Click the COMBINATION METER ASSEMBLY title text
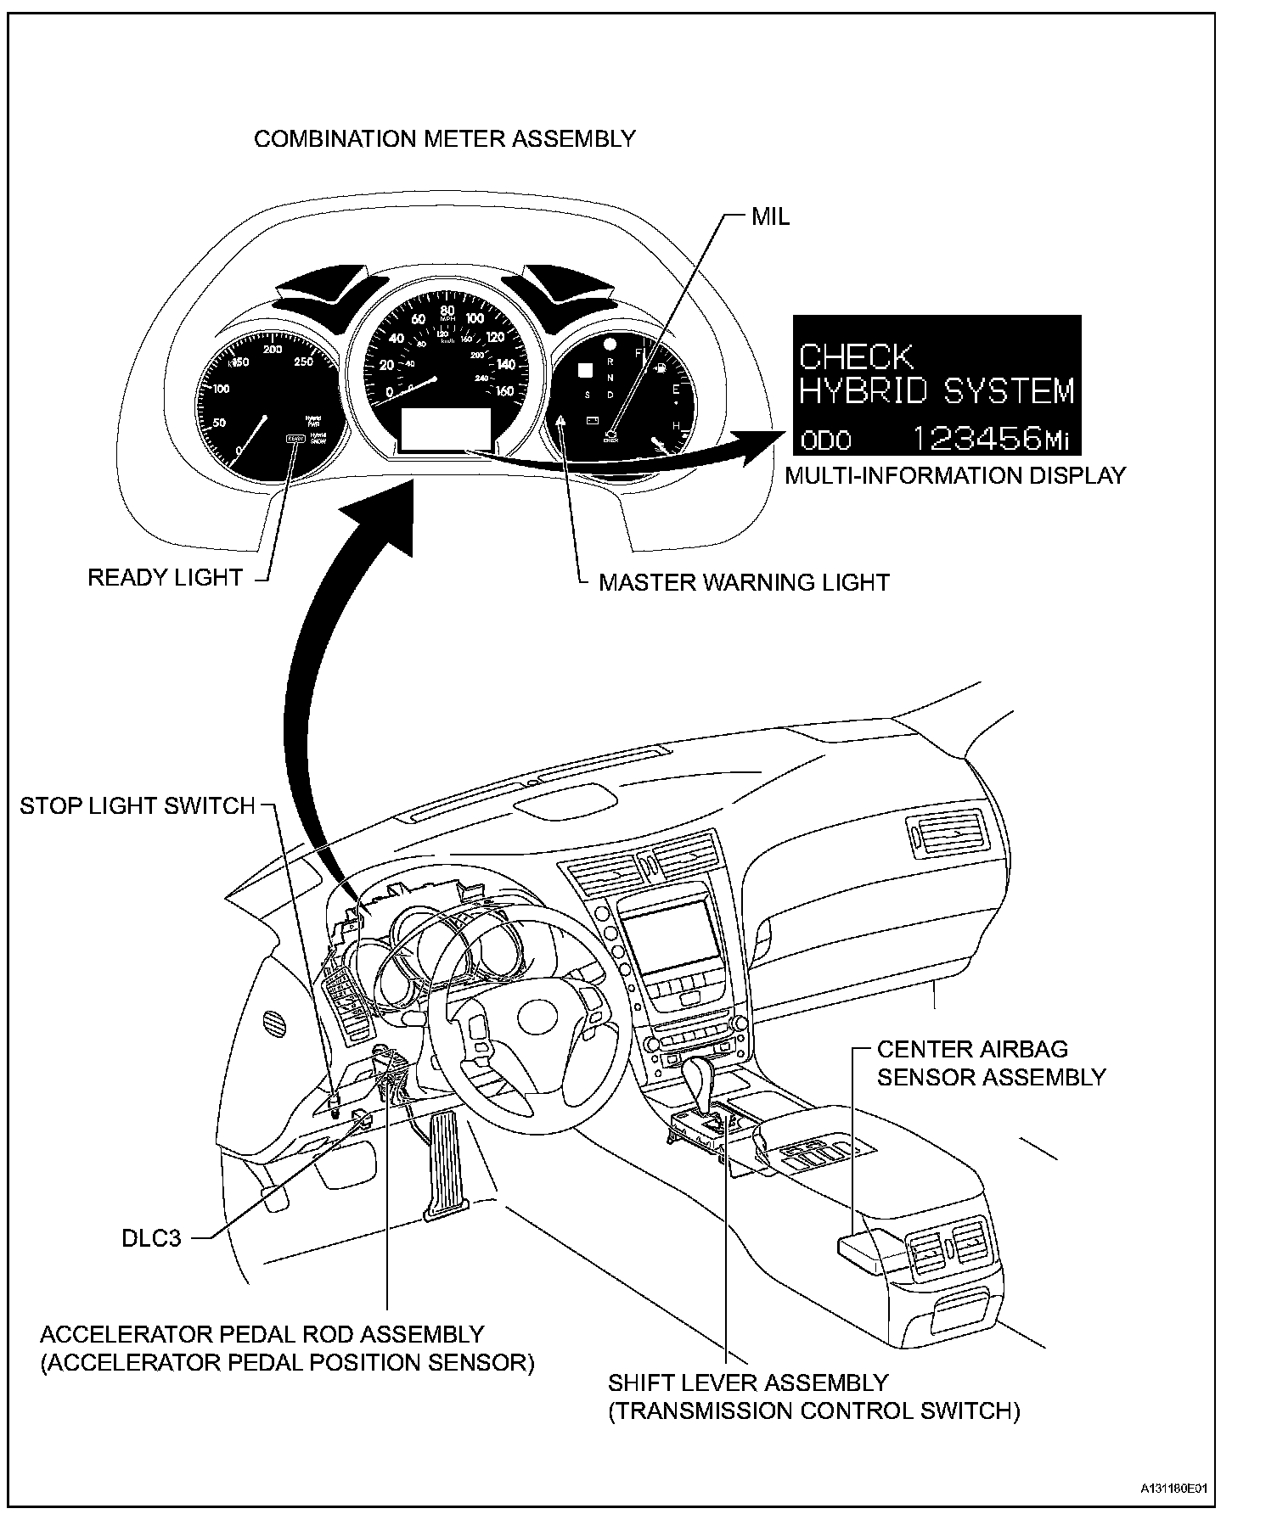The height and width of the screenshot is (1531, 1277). (x=445, y=139)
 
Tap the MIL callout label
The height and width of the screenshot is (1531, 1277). (x=770, y=217)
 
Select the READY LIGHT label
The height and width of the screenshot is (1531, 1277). (x=166, y=578)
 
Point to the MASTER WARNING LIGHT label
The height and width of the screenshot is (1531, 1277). (x=744, y=582)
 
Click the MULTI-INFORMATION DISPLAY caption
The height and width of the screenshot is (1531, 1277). (x=955, y=476)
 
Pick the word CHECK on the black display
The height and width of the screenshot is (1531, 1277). (x=857, y=356)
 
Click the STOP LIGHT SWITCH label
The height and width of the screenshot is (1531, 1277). (x=138, y=805)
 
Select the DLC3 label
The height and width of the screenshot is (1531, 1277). (x=151, y=1238)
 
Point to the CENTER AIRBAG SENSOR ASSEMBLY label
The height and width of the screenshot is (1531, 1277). (x=991, y=1063)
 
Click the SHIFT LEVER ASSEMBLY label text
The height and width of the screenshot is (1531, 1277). (x=747, y=1383)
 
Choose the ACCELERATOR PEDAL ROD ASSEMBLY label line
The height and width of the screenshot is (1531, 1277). (x=262, y=1335)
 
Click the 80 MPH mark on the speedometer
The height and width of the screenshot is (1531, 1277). (x=447, y=311)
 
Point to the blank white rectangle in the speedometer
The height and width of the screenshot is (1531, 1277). (x=446, y=427)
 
